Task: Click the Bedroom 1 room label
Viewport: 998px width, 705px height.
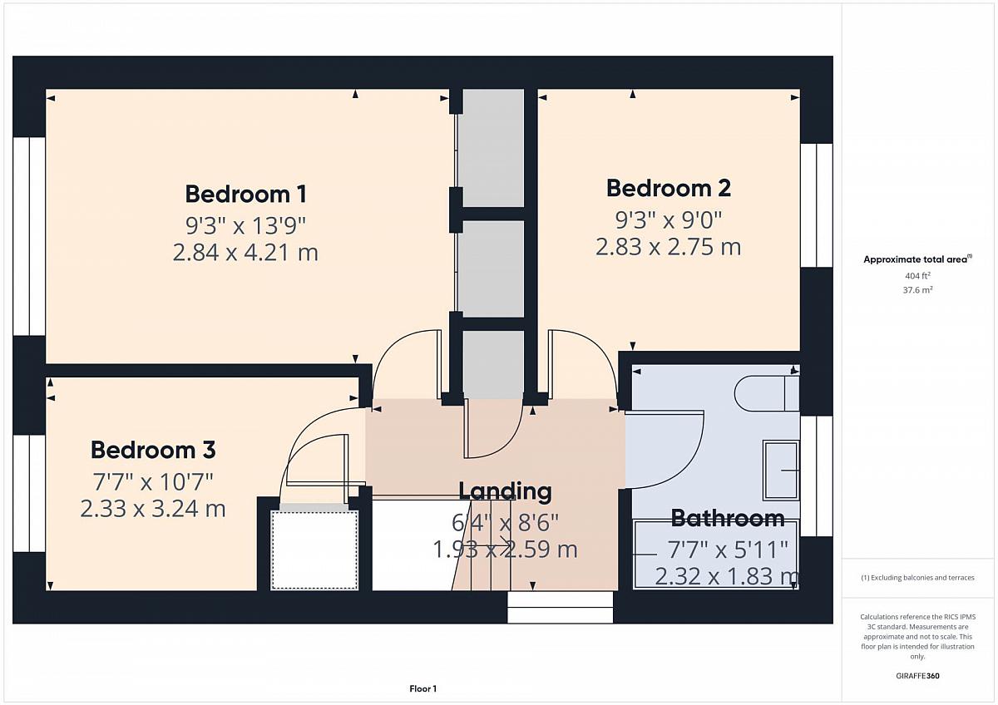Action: pyautogui.click(x=246, y=195)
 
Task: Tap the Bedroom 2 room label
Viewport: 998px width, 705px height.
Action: pyautogui.click(x=669, y=188)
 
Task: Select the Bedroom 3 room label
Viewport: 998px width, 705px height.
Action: pyautogui.click(x=153, y=450)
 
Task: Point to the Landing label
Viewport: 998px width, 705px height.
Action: pyautogui.click(x=506, y=491)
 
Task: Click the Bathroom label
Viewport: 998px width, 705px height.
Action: pyautogui.click(x=728, y=518)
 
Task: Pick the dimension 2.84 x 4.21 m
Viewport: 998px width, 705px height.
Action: pyautogui.click(x=245, y=253)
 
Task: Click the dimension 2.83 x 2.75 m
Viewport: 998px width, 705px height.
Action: pyautogui.click(x=669, y=247)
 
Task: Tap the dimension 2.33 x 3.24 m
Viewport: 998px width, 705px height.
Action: pyautogui.click(x=153, y=509)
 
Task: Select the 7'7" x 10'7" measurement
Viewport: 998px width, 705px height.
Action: pyautogui.click(x=153, y=481)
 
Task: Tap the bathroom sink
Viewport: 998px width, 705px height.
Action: pyautogui.click(x=782, y=470)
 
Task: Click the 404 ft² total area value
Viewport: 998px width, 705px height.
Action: pyautogui.click(x=917, y=276)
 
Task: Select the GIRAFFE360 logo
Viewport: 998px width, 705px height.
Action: pyautogui.click(x=918, y=676)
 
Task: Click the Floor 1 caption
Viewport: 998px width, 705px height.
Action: pyautogui.click(x=422, y=688)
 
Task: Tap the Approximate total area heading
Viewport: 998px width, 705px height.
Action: pyautogui.click(x=917, y=259)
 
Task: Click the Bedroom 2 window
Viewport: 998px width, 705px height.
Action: pyautogui.click(x=817, y=205)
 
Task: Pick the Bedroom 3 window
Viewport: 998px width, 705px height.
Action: pyautogui.click(x=29, y=494)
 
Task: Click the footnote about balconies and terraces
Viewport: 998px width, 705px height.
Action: pyautogui.click(x=918, y=578)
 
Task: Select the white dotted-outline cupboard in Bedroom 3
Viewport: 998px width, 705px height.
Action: pyautogui.click(x=314, y=550)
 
